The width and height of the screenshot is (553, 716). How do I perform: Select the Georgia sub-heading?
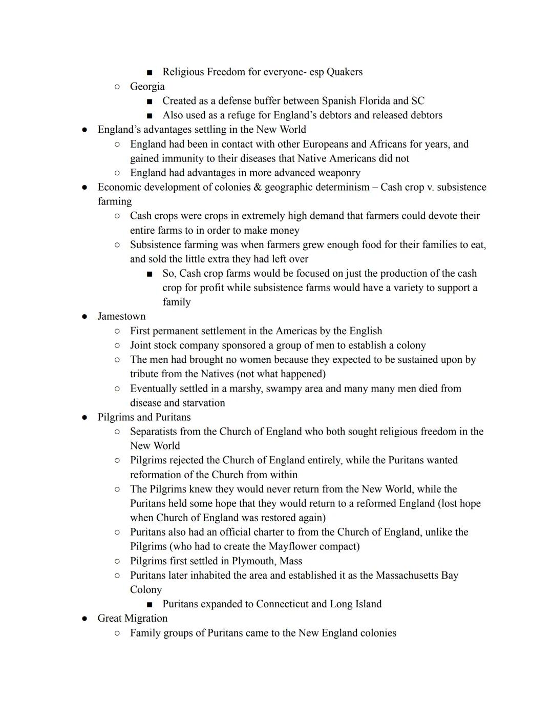(147, 86)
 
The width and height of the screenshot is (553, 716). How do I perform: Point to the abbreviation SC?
(417, 100)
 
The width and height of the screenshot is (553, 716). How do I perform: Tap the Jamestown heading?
(121, 316)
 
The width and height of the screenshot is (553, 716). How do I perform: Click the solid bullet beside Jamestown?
(84, 317)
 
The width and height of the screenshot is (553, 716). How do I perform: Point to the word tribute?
(147, 374)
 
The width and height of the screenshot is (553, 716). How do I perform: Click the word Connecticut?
(290, 604)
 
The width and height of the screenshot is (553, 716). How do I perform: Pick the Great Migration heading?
(132, 618)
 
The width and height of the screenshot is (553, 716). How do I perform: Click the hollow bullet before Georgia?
(117, 87)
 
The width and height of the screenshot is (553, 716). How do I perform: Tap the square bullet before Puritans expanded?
(150, 604)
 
